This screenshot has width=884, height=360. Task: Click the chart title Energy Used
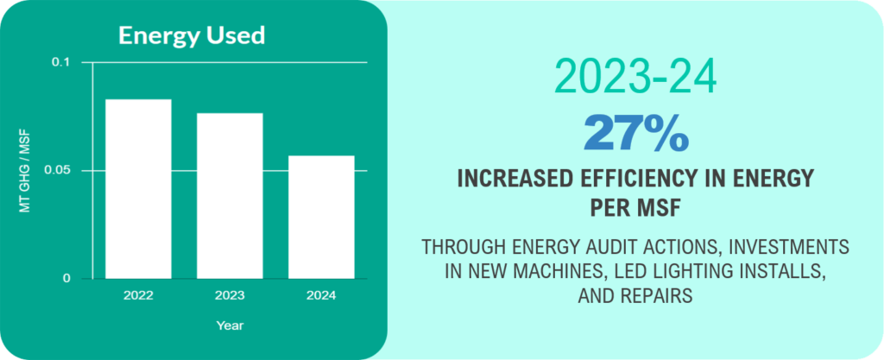(x=191, y=35)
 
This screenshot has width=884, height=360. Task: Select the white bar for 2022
(x=138, y=189)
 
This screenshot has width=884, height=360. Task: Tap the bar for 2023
(x=230, y=196)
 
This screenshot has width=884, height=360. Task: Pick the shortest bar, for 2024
(x=321, y=217)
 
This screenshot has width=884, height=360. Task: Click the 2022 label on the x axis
(x=138, y=296)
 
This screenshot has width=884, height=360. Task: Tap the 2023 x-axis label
(x=230, y=296)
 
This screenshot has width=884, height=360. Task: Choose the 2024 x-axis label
(x=321, y=296)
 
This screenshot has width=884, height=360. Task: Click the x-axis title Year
(x=230, y=325)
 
